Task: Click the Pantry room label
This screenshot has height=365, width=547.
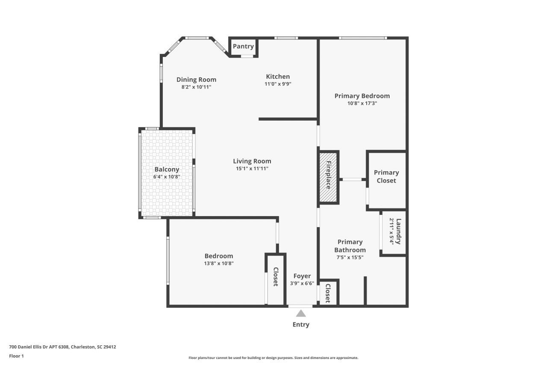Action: click(243, 46)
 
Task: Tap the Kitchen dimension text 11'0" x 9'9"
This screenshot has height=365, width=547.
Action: click(278, 84)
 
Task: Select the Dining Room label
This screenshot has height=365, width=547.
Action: click(196, 80)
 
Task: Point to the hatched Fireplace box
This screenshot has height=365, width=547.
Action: click(329, 176)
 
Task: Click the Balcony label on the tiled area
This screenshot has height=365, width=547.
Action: click(167, 169)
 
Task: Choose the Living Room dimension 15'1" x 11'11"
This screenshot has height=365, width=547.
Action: click(252, 169)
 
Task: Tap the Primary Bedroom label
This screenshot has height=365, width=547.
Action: click(362, 96)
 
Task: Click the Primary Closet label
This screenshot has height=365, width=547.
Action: click(386, 176)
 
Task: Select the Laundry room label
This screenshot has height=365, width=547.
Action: click(398, 231)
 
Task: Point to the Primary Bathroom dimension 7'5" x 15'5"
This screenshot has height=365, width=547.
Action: click(350, 258)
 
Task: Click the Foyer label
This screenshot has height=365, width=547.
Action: click(302, 276)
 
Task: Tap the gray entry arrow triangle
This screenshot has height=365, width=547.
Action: click(301, 313)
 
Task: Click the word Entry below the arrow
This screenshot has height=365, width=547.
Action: click(301, 324)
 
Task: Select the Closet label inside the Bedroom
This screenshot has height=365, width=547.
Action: click(276, 277)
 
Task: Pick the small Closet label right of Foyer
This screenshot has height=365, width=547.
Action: click(328, 293)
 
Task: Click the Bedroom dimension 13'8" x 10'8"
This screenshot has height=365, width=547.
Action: click(219, 264)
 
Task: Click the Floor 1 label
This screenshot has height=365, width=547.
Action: click(16, 356)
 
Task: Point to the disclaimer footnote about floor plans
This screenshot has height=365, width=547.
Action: click(273, 358)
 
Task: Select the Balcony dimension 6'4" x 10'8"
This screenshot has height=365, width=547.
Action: click(167, 177)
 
